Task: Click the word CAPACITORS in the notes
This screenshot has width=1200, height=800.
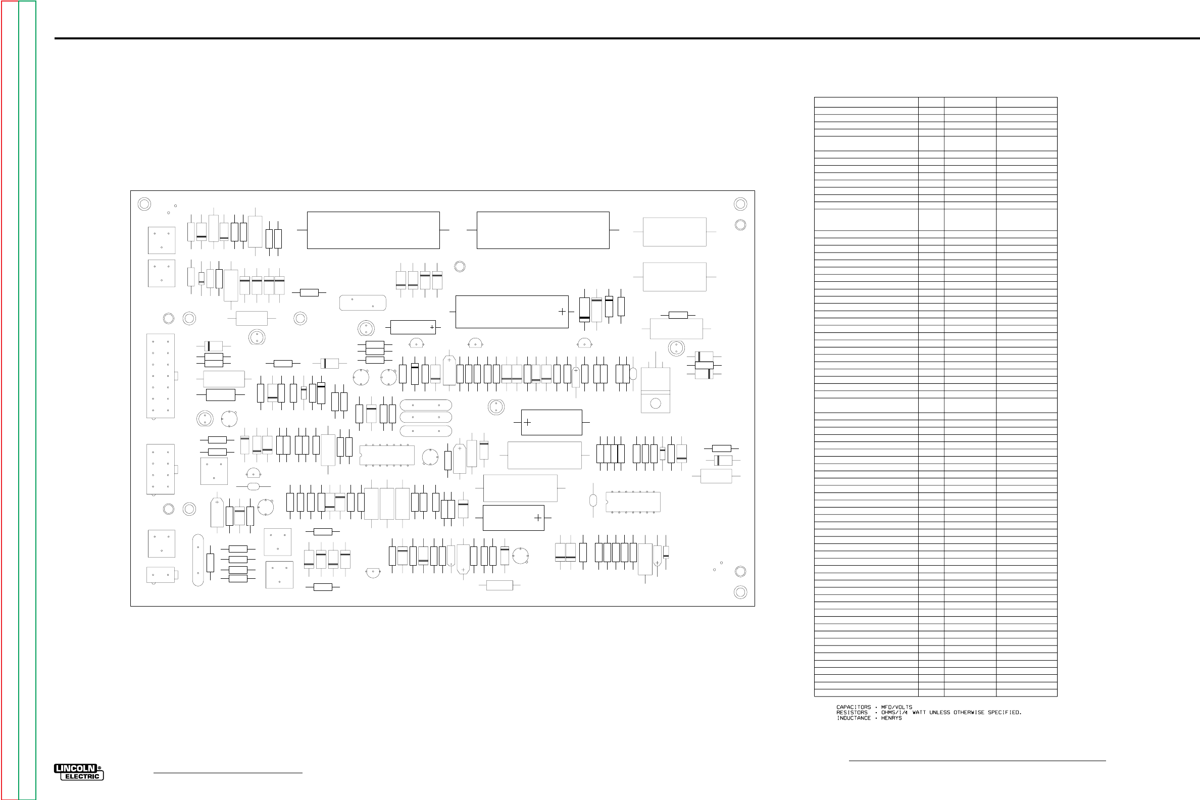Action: (854, 707)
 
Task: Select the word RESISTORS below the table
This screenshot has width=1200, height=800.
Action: (852, 713)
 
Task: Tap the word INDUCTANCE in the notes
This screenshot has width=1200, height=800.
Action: (854, 718)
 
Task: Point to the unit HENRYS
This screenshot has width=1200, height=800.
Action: (891, 718)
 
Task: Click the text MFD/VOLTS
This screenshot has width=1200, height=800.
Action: (896, 707)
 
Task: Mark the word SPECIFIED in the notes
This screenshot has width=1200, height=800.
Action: (1004, 713)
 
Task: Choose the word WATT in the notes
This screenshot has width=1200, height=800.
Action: (919, 713)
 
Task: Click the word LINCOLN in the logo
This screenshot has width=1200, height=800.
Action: (76, 768)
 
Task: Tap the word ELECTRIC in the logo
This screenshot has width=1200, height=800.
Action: (82, 777)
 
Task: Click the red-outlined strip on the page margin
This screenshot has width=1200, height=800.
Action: (10, 400)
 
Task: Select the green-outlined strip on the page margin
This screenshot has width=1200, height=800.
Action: (28, 400)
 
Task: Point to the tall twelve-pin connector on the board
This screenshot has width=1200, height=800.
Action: (161, 376)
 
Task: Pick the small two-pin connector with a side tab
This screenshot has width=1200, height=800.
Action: (161, 575)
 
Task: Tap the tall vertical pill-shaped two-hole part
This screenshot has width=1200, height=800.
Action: (198, 560)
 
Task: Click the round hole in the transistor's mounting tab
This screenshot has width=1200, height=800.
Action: (656, 404)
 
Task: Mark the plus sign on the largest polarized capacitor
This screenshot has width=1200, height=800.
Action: (562, 311)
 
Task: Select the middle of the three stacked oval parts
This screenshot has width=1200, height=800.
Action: (426, 417)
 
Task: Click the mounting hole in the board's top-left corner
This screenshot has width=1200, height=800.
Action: (144, 204)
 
